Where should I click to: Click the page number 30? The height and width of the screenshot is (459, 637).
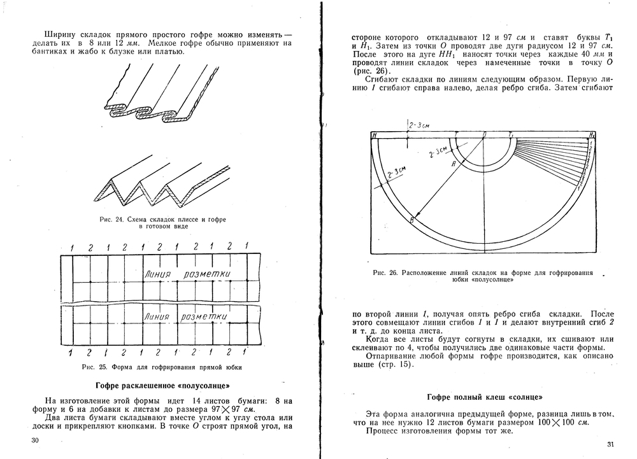click(34, 440)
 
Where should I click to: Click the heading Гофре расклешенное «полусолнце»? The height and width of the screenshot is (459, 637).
click(162, 386)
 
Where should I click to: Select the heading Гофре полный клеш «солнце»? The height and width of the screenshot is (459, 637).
click(485, 397)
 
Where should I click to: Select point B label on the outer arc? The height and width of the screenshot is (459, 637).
click(412, 220)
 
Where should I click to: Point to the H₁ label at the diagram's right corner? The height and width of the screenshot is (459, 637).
click(592, 135)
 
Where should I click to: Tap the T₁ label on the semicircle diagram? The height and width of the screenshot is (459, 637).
click(511, 135)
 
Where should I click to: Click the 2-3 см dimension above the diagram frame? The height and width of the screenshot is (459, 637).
click(417, 125)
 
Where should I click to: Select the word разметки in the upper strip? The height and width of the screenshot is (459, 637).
click(206, 274)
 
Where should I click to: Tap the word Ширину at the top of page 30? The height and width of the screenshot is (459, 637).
click(60, 33)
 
